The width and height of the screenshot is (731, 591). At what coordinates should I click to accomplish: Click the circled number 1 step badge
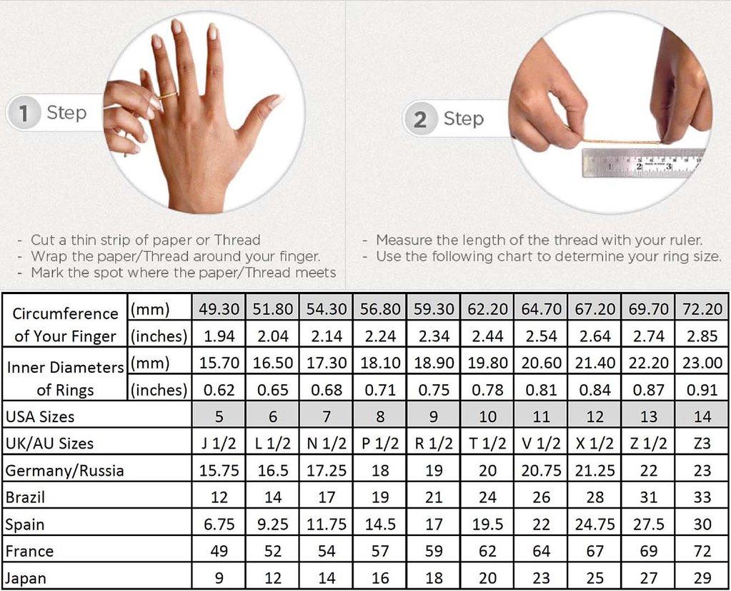tap(24, 113)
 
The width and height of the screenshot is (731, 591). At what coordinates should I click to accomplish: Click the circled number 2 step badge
tap(420, 119)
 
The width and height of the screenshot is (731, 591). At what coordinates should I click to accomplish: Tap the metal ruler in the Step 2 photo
tap(643, 163)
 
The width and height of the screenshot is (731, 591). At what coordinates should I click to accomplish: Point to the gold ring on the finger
tap(167, 94)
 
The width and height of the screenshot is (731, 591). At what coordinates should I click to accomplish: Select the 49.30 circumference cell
tap(219, 309)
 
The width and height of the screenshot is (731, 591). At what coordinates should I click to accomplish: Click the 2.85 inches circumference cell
tap(702, 336)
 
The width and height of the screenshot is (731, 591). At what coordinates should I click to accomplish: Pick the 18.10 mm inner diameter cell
tap(380, 363)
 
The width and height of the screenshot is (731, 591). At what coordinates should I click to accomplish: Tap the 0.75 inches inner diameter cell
tap(434, 390)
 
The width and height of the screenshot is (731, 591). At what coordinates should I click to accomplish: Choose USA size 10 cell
tap(487, 416)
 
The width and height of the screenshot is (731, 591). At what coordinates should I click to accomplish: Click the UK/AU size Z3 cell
tap(702, 444)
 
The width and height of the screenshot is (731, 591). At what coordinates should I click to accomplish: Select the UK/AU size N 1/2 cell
tap(327, 444)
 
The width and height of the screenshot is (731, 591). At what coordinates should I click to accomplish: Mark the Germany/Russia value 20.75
tap(542, 471)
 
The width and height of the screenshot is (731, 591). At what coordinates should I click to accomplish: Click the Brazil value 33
tap(702, 497)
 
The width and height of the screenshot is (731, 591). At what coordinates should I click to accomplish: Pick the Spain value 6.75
tap(219, 524)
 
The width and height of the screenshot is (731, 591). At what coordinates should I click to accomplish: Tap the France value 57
tap(380, 551)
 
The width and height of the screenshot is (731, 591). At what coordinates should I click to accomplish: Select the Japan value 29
tap(702, 578)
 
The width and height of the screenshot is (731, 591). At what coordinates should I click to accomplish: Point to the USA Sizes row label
tap(40, 416)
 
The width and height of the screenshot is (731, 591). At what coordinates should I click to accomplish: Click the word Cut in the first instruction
tap(42, 240)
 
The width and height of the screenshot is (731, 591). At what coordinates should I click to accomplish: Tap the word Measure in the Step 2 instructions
tap(405, 240)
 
